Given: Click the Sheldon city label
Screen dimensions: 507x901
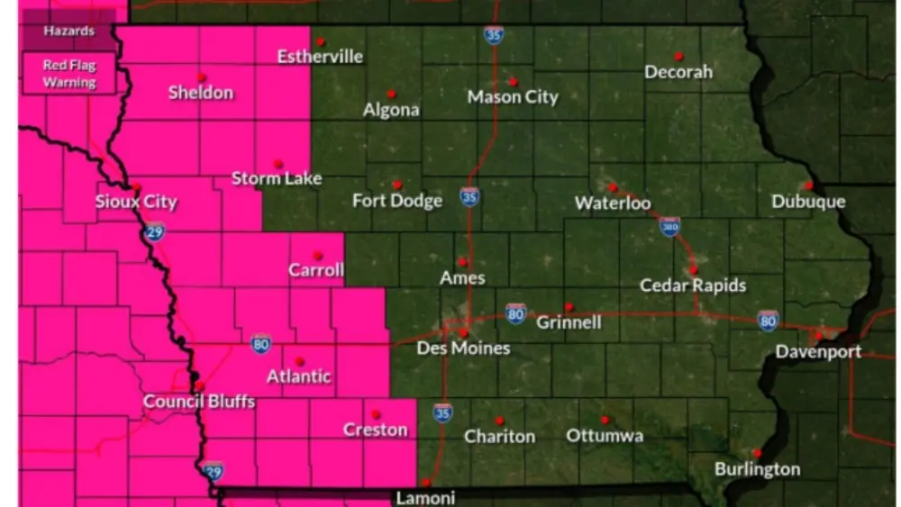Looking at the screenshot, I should click(200, 93).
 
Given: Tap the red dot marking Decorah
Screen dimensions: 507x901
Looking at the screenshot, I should click(678, 56).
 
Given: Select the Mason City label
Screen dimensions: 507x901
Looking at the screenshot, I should click(513, 97).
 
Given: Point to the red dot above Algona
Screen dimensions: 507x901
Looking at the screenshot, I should click(391, 94).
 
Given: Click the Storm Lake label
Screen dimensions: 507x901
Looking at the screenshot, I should click(277, 178).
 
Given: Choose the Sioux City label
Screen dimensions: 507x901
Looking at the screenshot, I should click(136, 202).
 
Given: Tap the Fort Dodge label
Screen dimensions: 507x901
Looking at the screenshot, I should click(397, 201).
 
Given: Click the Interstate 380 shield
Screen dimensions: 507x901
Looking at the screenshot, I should click(669, 226).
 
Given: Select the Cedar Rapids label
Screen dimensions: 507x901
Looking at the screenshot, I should click(693, 285).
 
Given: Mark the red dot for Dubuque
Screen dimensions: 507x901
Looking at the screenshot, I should click(808, 186).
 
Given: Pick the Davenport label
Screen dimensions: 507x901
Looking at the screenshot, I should click(819, 352).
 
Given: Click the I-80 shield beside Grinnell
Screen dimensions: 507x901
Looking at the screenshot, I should click(515, 313).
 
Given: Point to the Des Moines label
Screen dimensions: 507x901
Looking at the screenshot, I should click(463, 349).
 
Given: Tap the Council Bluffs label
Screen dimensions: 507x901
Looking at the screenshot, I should click(200, 402).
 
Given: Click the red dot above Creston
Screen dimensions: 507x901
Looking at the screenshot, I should click(375, 414).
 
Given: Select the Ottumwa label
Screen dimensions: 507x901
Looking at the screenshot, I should click(605, 436).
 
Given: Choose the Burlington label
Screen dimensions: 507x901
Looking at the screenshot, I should click(757, 469).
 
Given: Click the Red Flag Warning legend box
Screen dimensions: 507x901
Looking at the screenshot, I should click(70, 74).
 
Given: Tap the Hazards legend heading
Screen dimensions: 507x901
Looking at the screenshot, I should click(70, 32).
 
